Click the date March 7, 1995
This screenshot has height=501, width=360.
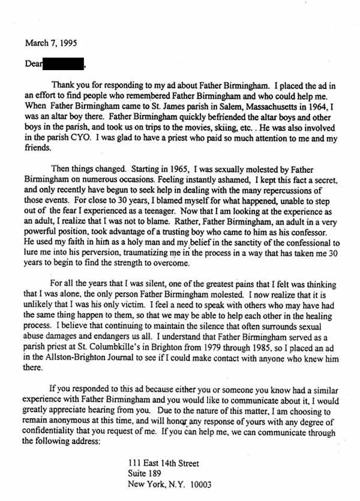coord(51,43)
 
